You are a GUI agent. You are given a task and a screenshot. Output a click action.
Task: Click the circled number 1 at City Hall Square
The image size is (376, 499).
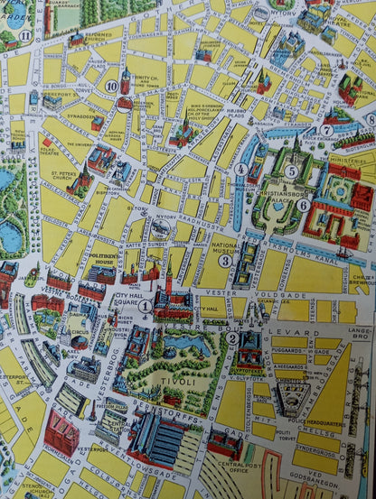[x=145, y=306]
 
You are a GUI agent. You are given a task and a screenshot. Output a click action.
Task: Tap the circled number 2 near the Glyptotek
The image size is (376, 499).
[x=232, y=338]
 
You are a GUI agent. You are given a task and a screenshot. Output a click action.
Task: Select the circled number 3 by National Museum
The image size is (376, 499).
[x=225, y=261]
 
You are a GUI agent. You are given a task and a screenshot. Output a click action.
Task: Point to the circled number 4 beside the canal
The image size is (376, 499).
[x=240, y=169]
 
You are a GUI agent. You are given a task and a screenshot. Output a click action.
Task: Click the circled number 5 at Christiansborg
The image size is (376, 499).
[x=291, y=171]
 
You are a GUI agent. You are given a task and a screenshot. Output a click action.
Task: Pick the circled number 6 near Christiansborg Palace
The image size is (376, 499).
[x=304, y=205]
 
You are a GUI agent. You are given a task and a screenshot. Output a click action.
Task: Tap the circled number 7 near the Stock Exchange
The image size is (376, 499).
[x=325, y=130]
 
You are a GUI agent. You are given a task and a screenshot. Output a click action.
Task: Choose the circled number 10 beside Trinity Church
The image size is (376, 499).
[x=111, y=87]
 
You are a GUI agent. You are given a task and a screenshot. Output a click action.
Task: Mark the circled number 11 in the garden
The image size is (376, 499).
[x=25, y=36]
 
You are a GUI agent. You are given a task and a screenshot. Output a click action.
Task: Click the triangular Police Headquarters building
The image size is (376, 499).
[x=292, y=392]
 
